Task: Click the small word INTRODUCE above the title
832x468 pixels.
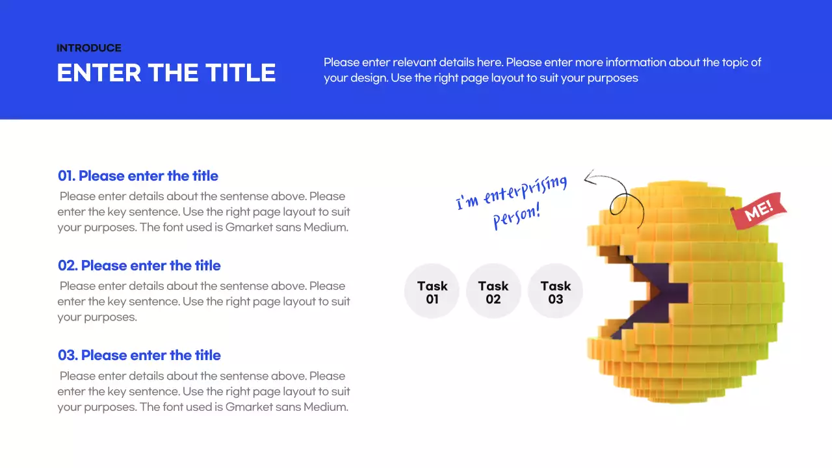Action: pos(89,48)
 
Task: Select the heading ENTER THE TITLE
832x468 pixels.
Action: pos(166,72)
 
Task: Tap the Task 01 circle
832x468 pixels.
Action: pos(432,292)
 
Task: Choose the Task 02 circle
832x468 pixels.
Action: pos(493,292)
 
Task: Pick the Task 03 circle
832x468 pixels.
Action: pos(555,292)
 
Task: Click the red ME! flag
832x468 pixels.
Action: pos(758,210)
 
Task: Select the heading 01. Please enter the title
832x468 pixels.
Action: pos(138,176)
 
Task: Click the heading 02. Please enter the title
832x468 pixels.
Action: pos(139,266)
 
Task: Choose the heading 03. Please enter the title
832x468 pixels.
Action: pos(139,356)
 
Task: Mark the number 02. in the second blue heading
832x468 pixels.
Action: pos(68,266)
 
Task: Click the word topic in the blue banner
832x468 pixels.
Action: pos(736,62)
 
